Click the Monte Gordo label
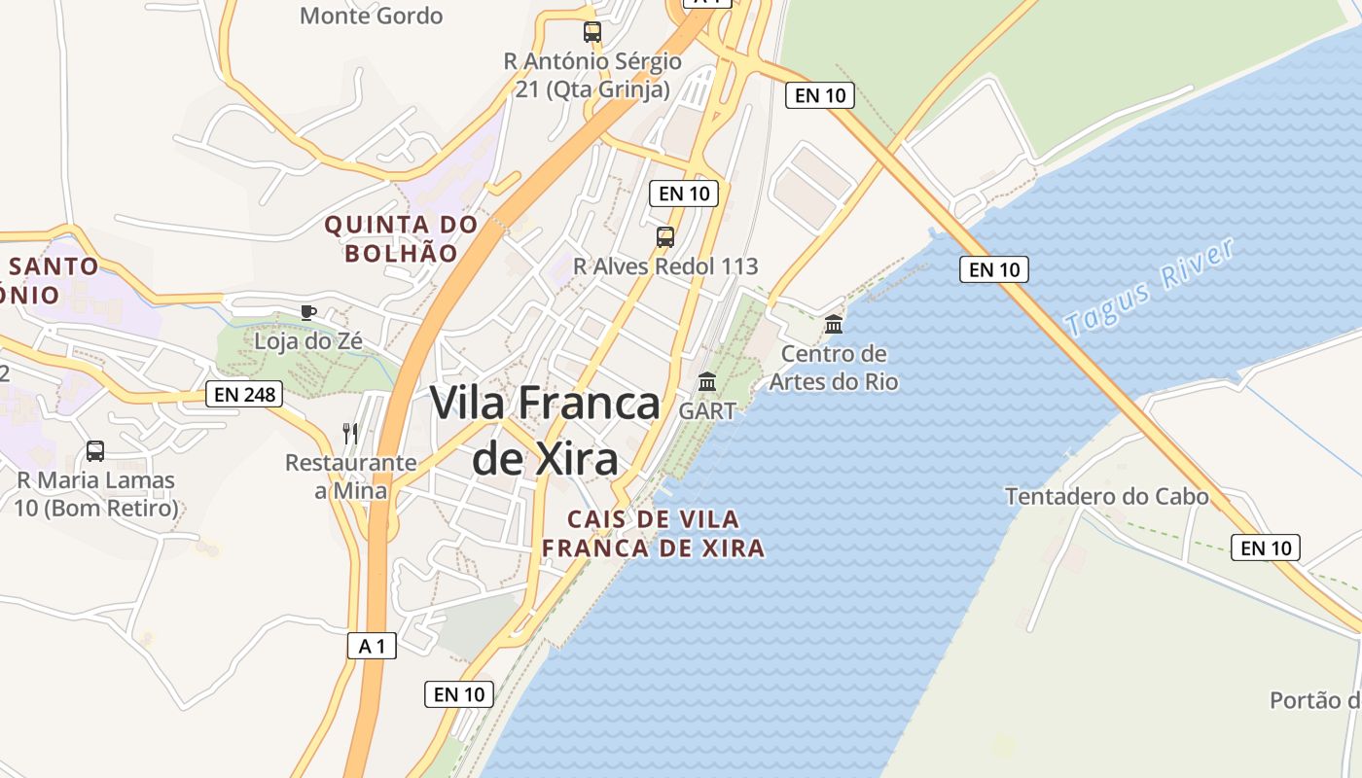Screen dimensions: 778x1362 pyautogui.click(x=371, y=16)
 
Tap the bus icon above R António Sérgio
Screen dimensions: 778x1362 pyautogui.click(x=592, y=32)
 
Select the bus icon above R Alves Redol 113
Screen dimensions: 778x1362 pyautogui.click(x=665, y=236)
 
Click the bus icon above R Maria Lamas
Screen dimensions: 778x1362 pyautogui.click(x=95, y=451)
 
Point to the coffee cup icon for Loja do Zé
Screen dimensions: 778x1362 pyautogui.click(x=307, y=312)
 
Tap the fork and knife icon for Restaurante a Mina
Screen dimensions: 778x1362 pyautogui.click(x=350, y=433)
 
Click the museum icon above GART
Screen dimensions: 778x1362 pyautogui.click(x=707, y=381)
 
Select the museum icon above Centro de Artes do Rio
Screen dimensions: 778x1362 pyautogui.click(x=834, y=324)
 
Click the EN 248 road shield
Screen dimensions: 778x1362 pyautogui.click(x=244, y=394)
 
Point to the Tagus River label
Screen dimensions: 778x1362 pyautogui.click(x=1152, y=287)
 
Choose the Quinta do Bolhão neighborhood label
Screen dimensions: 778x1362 pyautogui.click(x=401, y=239)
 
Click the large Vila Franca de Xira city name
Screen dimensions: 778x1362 pyautogui.click(x=545, y=429)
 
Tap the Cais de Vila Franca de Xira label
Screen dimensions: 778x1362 pyautogui.click(x=653, y=534)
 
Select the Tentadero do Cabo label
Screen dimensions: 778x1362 pyautogui.click(x=1106, y=497)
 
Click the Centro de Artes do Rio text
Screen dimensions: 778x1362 pyautogui.click(x=834, y=367)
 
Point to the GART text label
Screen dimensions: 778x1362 pyautogui.click(x=707, y=410)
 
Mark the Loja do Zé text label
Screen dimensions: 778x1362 pyautogui.click(x=307, y=341)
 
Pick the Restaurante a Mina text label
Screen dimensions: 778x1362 pyautogui.click(x=350, y=477)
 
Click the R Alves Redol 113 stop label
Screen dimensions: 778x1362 pyautogui.click(x=665, y=265)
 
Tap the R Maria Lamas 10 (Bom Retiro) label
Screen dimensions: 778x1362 pyautogui.click(x=95, y=494)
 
